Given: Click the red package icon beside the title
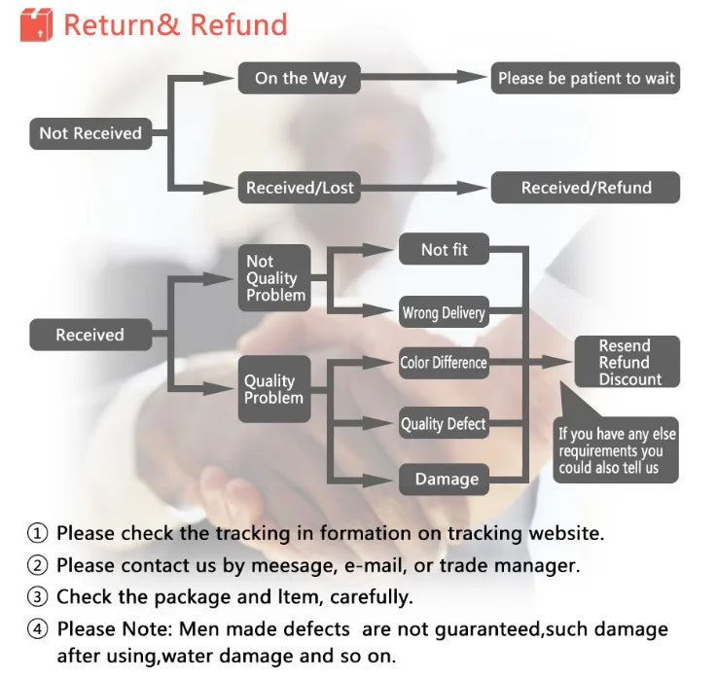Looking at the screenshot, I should pyautogui.click(x=36, y=24).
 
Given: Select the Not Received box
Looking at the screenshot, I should pyautogui.click(x=90, y=133).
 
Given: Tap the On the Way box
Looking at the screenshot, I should pyautogui.click(x=300, y=78).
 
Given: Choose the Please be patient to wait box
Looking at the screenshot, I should pyautogui.click(x=586, y=79).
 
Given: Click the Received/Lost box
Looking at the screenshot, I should pyautogui.click(x=299, y=188).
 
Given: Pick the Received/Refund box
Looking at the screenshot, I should pyautogui.click(x=586, y=188).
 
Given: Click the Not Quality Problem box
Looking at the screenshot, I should pyautogui.click(x=274, y=278).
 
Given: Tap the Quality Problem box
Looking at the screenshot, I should pyautogui.click(x=274, y=389).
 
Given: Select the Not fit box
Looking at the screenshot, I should pyautogui.click(x=444, y=250).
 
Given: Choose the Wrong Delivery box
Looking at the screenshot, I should pyautogui.click(x=444, y=312).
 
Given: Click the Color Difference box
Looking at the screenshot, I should pyautogui.click(x=444, y=363).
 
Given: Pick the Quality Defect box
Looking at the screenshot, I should pyautogui.click(x=444, y=424).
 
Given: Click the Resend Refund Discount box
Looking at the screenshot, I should pyautogui.click(x=626, y=362).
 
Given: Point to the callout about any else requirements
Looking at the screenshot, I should pyautogui.click(x=617, y=450).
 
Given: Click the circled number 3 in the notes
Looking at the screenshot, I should pyautogui.click(x=37, y=596).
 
